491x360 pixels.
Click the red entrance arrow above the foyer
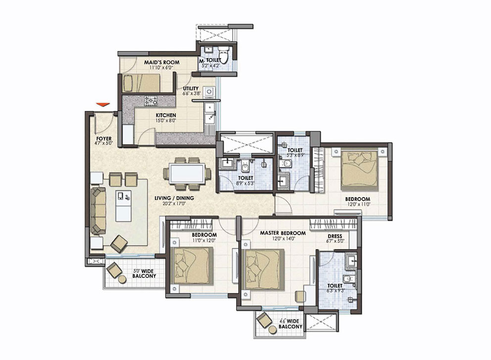[x=103, y=105]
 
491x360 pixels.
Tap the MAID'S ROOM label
[x=162, y=62]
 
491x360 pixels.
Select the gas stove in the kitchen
[x=150, y=101]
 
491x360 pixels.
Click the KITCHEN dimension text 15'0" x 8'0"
[x=166, y=120]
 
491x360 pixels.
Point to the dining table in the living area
[x=187, y=174]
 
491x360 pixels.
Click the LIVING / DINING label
[x=174, y=198]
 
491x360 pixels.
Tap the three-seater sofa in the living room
[x=98, y=210]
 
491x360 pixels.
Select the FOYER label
[x=104, y=139]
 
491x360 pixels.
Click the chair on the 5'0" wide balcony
[x=114, y=270]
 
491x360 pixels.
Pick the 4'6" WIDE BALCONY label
[x=291, y=324]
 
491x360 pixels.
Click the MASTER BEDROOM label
[x=283, y=233]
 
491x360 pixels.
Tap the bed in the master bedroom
[x=265, y=269]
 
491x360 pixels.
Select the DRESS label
[x=335, y=236]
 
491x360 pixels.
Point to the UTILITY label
[x=191, y=88]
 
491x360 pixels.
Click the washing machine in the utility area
[x=209, y=92]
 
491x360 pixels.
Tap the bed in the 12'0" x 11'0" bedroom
[x=359, y=171]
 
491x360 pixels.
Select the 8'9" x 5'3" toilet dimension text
[x=245, y=183]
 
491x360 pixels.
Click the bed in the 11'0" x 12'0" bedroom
[x=193, y=265]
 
